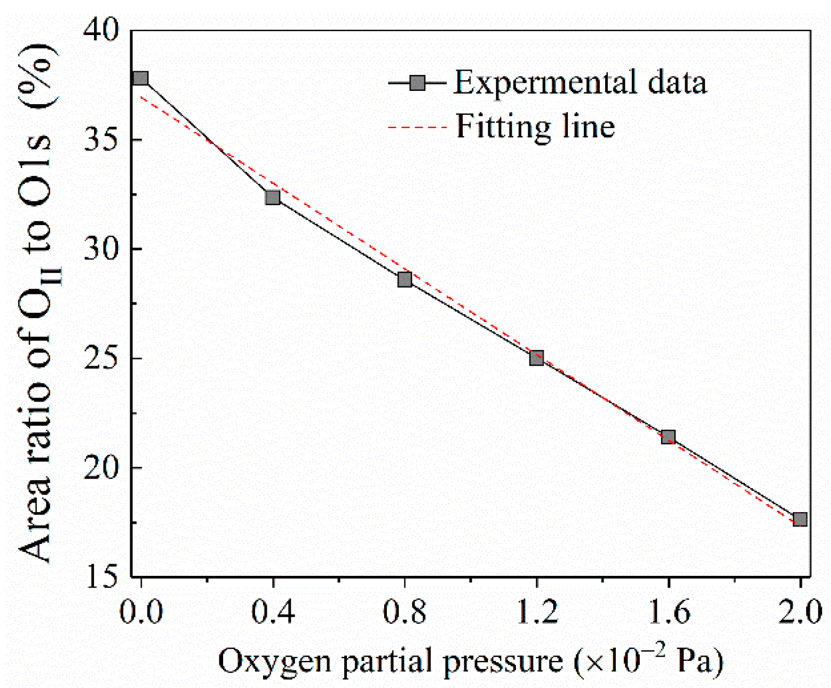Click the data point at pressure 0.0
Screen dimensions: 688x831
(x=140, y=79)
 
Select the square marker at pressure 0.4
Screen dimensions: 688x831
(x=273, y=198)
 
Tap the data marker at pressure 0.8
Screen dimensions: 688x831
(x=405, y=279)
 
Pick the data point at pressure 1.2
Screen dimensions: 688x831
(x=537, y=358)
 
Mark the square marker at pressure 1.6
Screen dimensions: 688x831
(x=668, y=437)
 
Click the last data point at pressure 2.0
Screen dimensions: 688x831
(x=800, y=519)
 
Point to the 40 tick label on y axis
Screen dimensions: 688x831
(x=101, y=30)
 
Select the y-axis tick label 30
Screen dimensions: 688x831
(x=101, y=249)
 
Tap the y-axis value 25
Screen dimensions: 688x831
(x=101, y=359)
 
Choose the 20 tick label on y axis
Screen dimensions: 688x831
(x=101, y=468)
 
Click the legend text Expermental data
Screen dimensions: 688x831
(x=580, y=83)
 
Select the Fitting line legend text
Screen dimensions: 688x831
(x=536, y=127)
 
